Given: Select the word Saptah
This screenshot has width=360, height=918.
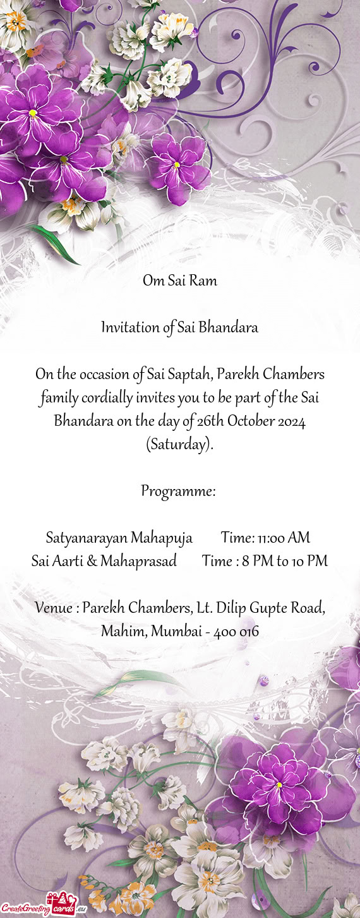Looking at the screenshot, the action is point(189,375).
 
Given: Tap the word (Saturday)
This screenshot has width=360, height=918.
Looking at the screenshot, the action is point(179,445).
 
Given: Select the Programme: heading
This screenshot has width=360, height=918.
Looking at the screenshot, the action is point(179,491).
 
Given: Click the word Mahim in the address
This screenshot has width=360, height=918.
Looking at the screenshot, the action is point(122,631).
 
